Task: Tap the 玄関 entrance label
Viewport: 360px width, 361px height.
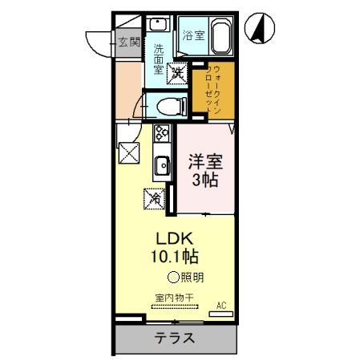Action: point(130,41)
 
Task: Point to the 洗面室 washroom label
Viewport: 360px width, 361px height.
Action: point(159,59)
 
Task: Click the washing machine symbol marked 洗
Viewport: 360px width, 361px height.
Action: point(177,74)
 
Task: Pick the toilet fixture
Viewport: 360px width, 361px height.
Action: point(169,104)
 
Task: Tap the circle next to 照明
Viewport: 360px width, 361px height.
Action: point(172,278)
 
